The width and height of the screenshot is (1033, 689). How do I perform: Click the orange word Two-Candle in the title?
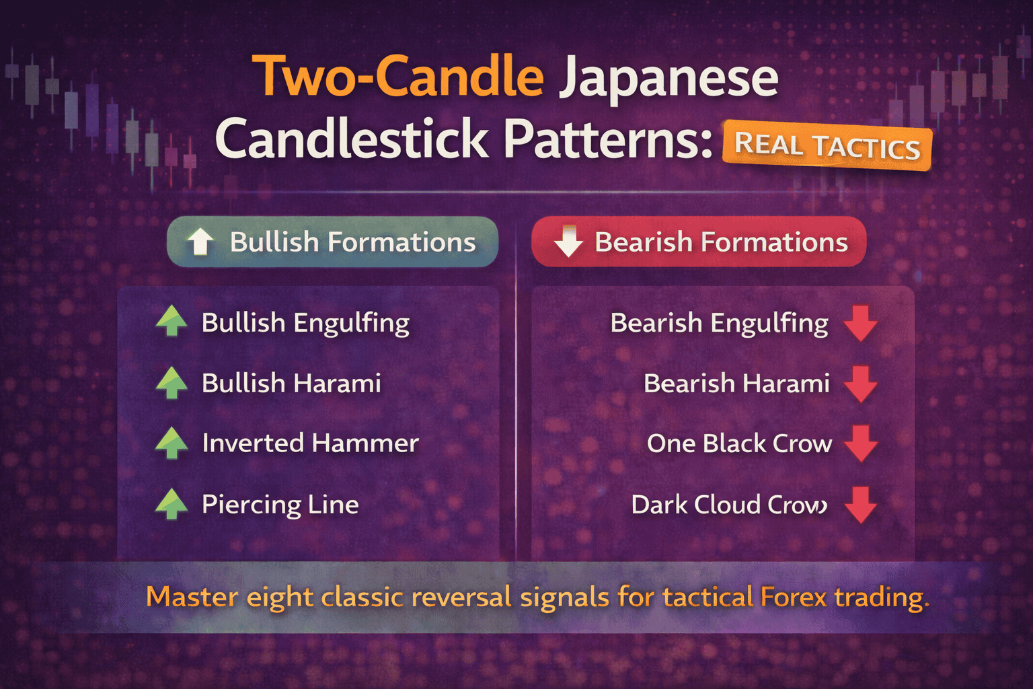point(397,77)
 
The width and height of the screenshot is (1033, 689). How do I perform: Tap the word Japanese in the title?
point(668,79)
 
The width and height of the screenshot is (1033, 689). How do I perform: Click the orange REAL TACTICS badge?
point(827,145)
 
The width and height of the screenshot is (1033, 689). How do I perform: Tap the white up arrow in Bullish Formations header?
point(200,242)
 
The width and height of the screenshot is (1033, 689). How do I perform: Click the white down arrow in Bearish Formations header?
point(568,242)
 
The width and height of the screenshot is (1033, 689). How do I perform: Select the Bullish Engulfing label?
point(305,323)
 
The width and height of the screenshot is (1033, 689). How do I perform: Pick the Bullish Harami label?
point(291,384)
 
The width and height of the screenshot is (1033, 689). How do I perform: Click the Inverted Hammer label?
point(310,443)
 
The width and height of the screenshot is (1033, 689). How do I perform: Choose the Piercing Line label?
point(280,505)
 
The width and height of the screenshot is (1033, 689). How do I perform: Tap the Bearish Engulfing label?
point(719,323)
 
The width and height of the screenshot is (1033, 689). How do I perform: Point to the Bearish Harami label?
point(736,384)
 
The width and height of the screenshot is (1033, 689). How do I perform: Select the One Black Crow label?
point(739,444)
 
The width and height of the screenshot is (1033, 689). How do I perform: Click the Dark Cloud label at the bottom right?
point(729,505)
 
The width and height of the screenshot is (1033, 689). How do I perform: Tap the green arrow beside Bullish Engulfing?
point(171,321)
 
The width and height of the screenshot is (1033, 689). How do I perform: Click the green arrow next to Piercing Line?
point(171,504)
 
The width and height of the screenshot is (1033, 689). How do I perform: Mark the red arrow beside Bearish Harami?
point(860,384)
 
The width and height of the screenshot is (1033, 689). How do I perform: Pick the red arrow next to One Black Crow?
point(860,443)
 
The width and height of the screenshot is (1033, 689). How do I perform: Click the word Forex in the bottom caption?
point(794,597)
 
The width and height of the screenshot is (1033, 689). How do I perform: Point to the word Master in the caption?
point(192,597)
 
